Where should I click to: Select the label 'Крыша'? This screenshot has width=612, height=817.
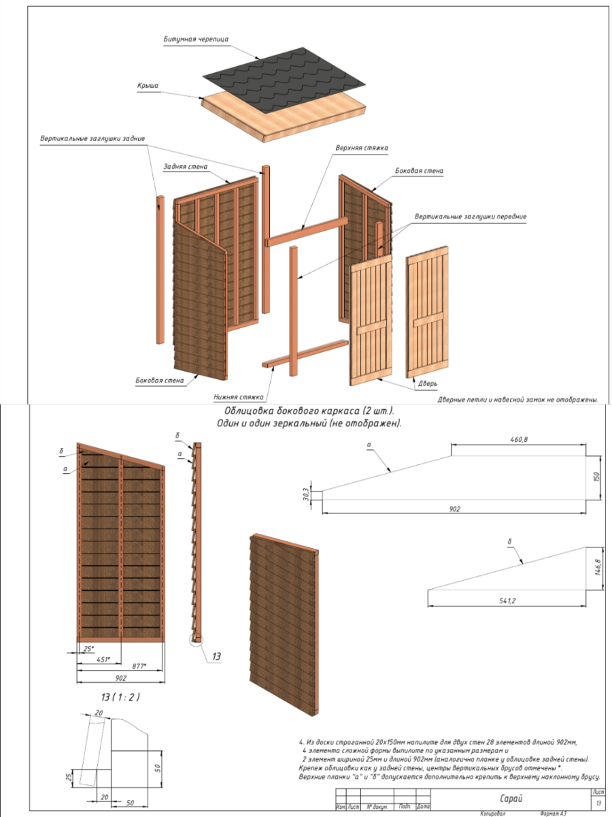[x=148, y=86]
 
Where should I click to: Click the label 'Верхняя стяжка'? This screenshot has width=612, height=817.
[x=361, y=147]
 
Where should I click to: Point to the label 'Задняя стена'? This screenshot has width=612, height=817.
[x=186, y=166]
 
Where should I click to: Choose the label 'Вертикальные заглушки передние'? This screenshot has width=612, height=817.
[x=471, y=217]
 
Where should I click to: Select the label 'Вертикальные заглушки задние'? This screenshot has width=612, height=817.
[x=92, y=139]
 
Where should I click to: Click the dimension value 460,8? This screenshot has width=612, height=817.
[x=519, y=440]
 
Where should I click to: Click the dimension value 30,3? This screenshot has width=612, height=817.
[x=307, y=494]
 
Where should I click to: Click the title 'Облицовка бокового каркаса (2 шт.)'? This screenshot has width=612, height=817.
[x=309, y=411]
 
